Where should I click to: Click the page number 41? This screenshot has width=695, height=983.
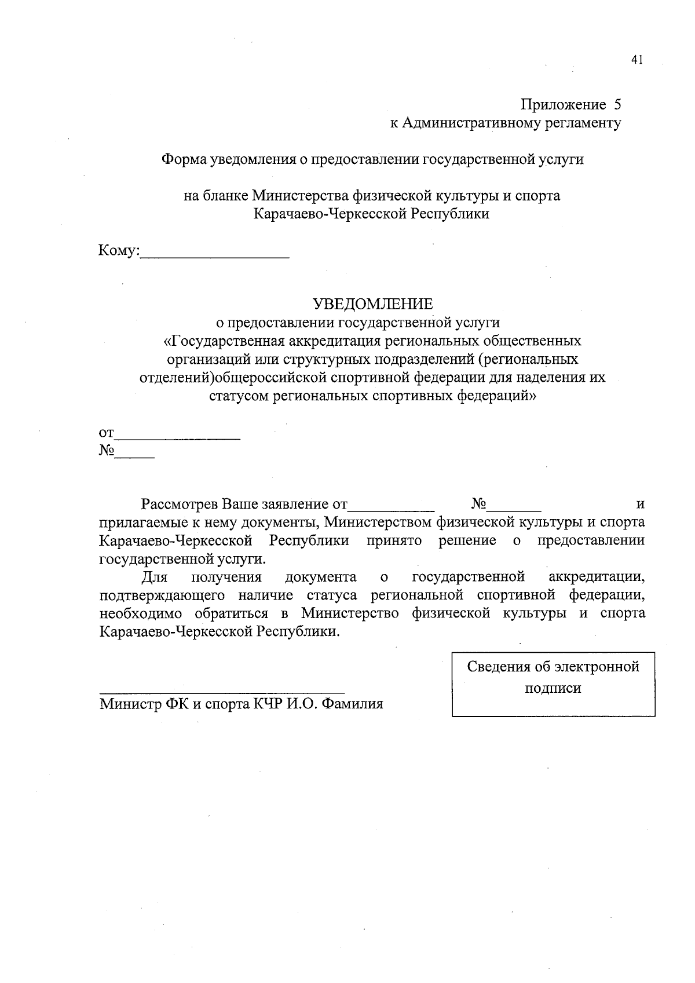(x=637, y=60)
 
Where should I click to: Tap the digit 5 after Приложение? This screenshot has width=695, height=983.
(x=617, y=105)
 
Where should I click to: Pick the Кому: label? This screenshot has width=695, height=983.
(x=119, y=251)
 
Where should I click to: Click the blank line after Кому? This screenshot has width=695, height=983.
(x=215, y=255)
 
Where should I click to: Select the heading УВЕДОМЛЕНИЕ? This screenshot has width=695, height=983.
(x=372, y=304)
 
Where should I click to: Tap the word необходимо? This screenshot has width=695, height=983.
(x=141, y=614)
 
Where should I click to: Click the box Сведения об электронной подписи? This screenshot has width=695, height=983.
(x=553, y=684)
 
